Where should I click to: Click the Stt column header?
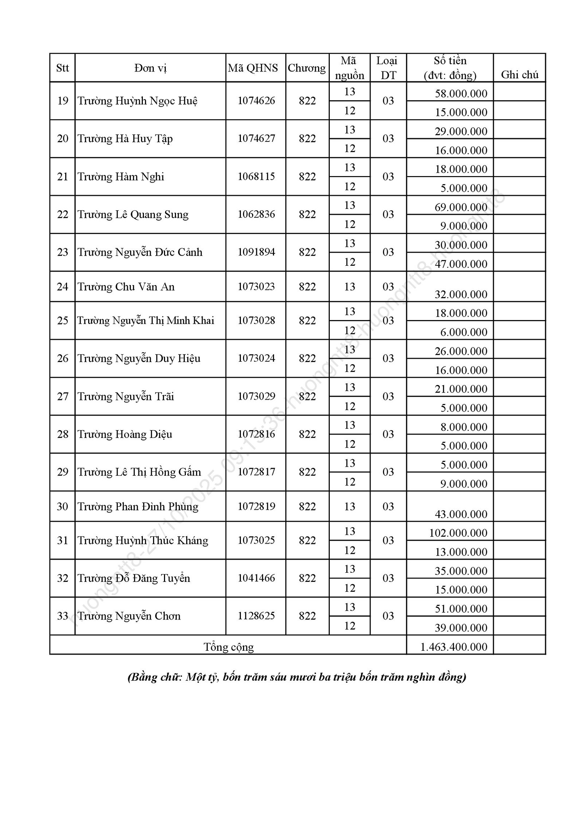63,68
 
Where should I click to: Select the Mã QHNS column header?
253,68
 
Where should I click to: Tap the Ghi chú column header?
520,75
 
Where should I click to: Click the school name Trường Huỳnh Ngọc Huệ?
137,101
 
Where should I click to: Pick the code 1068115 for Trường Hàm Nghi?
256,177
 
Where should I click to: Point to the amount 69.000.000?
461,207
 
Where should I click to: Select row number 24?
63,287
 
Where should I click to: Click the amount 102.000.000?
458,533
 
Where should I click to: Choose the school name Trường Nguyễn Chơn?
129,616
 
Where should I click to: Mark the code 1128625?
256,616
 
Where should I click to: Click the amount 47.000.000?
461,264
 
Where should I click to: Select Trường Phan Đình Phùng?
138,507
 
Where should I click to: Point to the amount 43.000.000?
461,514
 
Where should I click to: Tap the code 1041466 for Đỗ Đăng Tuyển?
256,578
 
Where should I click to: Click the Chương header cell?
307,68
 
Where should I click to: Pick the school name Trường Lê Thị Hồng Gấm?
139,472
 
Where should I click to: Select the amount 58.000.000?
461,94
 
